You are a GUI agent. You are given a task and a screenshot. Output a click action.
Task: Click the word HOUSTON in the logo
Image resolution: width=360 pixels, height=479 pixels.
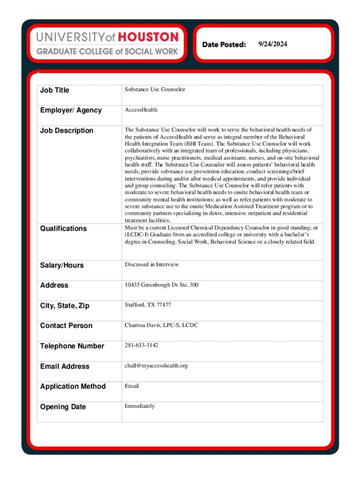point(149,37)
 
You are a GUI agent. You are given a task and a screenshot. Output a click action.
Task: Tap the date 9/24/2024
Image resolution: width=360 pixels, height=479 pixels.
point(273,44)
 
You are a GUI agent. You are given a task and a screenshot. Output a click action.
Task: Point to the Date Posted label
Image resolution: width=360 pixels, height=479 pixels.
point(224,44)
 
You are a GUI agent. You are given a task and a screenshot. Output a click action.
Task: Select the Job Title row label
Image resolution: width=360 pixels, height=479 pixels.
point(54,90)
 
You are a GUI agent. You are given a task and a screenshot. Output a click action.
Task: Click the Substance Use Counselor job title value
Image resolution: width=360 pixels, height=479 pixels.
point(155,89)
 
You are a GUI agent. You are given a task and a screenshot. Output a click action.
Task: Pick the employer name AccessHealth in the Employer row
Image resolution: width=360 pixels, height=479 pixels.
point(141,109)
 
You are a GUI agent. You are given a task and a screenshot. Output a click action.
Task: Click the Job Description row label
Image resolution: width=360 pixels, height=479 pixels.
point(66,131)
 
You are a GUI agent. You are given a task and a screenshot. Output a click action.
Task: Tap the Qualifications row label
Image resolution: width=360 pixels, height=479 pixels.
point(63,228)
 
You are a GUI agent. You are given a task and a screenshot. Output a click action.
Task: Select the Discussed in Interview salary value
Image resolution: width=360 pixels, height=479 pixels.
point(151,264)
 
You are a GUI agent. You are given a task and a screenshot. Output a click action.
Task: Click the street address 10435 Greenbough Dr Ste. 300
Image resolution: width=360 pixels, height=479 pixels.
point(161,284)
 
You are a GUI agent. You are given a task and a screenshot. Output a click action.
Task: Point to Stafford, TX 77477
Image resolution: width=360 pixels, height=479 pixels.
point(148,305)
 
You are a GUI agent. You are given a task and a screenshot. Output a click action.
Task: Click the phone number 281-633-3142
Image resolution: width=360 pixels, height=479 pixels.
point(141,345)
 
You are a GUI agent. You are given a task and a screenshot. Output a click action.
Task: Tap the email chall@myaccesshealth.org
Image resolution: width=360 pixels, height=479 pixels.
point(156,365)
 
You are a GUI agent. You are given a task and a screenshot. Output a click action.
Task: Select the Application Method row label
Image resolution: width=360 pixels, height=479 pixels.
point(73,386)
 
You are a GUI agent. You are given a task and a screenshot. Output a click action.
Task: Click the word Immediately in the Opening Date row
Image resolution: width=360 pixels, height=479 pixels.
point(139,406)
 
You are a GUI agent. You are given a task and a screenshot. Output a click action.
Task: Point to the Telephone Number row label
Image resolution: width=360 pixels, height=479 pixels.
point(72,346)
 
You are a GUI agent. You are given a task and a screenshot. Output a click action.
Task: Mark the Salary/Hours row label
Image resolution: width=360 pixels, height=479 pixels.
point(62,265)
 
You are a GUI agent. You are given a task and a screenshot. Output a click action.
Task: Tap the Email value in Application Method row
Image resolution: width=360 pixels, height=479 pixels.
point(131,386)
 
